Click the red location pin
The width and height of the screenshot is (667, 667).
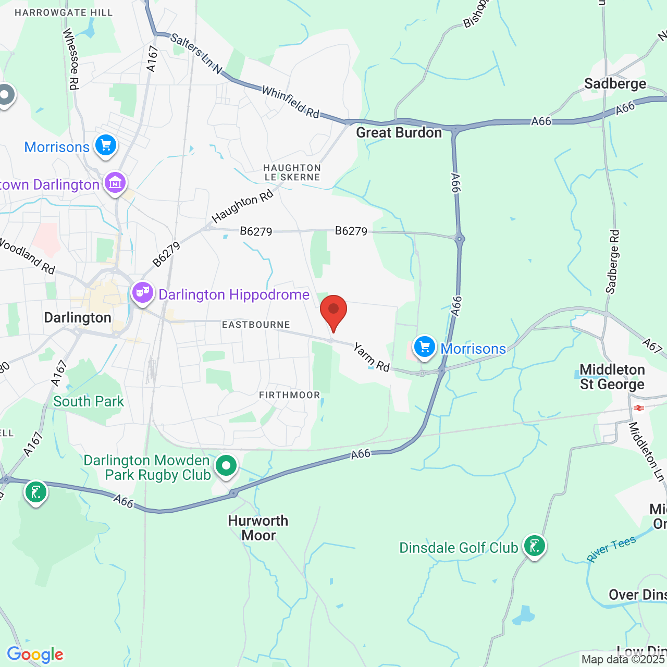pyautogui.click(x=333, y=311)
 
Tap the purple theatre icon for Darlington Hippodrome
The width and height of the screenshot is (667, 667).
pyautogui.click(x=142, y=293)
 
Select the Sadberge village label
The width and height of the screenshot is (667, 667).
pyautogui.click(x=615, y=84)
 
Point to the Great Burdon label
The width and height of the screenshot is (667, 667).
pyautogui.click(x=399, y=133)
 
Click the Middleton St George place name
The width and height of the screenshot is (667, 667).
pyautogui.click(x=612, y=377)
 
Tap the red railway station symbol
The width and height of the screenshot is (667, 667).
pyautogui.click(x=639, y=408)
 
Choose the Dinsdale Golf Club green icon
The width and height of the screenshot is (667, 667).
pyautogui.click(x=534, y=546)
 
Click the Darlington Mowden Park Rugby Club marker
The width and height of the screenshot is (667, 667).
pyautogui.click(x=226, y=465)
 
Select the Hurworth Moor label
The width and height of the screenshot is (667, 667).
pyautogui.click(x=258, y=528)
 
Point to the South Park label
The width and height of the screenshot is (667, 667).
pyautogui.click(x=89, y=401)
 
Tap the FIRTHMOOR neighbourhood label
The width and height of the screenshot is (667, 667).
pyautogui.click(x=289, y=395)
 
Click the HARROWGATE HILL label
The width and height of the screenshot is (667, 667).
pyautogui.click(x=64, y=13)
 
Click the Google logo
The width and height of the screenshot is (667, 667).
pyautogui.click(x=35, y=654)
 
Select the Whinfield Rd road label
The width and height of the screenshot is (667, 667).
pyautogui.click(x=290, y=102)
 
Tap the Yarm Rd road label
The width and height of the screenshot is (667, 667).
pyautogui.click(x=372, y=357)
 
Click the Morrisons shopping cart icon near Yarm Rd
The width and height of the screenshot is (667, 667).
pyautogui.click(x=425, y=347)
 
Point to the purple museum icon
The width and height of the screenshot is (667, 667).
pyautogui.click(x=115, y=183)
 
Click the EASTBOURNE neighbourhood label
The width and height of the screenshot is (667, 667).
pyautogui.click(x=256, y=325)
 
